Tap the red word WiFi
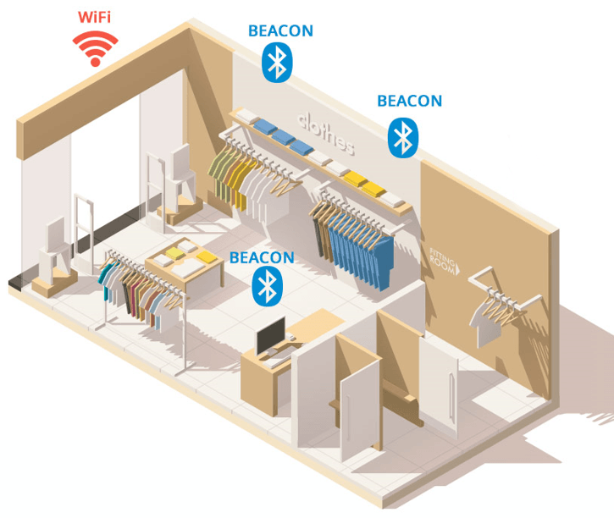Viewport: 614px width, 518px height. pos(94,17)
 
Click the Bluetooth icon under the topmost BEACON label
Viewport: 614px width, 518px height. pos(277,63)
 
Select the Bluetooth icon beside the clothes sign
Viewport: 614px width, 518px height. pos(403,138)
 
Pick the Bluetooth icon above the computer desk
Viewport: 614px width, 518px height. pos(268,286)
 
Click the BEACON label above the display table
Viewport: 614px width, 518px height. pos(262,258)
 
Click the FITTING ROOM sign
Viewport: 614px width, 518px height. pos(445,261)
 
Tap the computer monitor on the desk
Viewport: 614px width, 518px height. pos(270,336)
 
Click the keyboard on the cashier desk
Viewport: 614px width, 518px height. pos(277,361)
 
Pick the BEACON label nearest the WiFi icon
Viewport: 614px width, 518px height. pos(281,31)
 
